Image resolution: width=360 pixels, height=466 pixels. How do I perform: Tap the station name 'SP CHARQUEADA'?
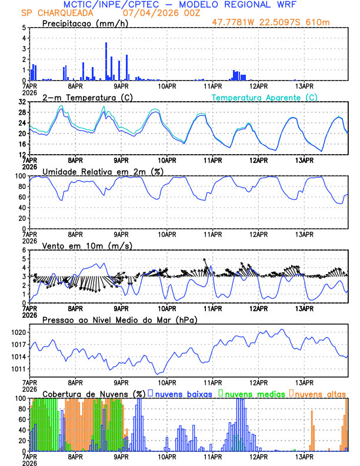tap(51, 12)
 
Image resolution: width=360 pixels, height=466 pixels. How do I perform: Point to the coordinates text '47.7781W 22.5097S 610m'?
tap(279, 22)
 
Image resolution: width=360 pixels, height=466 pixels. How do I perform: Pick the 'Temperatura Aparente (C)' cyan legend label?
tap(265, 97)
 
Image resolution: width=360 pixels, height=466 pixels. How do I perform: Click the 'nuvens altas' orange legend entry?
tap(320, 393)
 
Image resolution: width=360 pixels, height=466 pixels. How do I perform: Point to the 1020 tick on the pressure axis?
tap(19, 332)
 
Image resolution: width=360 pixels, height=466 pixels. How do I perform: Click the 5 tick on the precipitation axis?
tap(25, 28)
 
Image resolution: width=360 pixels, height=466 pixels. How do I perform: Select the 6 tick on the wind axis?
tap(25, 250)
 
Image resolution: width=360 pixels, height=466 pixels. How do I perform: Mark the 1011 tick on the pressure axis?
tap(19, 370)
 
